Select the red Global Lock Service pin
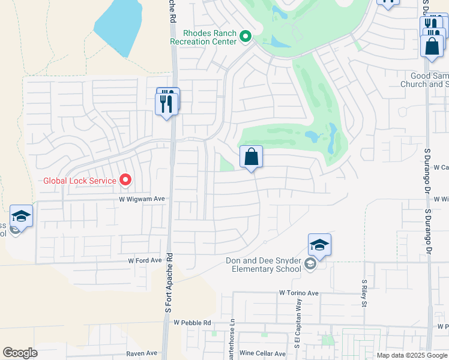(x=125, y=179)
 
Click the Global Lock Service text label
(x=81, y=180)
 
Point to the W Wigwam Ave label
(x=142, y=199)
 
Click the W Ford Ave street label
(x=145, y=260)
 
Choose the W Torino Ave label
(x=298, y=293)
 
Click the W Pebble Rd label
(x=193, y=323)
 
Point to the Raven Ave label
(x=142, y=354)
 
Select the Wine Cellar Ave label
(x=262, y=354)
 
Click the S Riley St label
(x=364, y=292)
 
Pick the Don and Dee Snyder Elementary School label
(x=264, y=265)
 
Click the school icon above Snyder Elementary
(x=319, y=245)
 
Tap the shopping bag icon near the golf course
(x=252, y=157)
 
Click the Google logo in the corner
(x=20, y=353)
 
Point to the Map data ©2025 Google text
(x=411, y=355)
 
